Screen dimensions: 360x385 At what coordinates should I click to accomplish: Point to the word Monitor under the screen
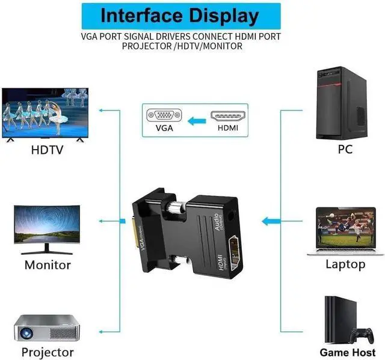(x=48, y=264)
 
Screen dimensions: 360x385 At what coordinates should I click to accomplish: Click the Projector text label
(x=48, y=352)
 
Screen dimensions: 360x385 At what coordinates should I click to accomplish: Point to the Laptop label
(x=345, y=264)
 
